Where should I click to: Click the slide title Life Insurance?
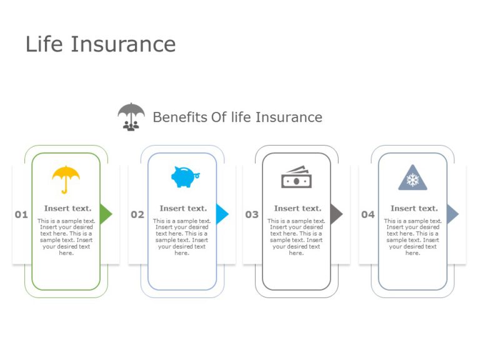pyautogui.click(x=101, y=44)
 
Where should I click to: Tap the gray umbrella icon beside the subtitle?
pyautogui.click(x=131, y=116)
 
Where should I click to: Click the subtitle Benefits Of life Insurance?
pyautogui.click(x=237, y=117)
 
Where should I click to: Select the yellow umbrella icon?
pyautogui.click(x=66, y=179)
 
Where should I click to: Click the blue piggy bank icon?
pyautogui.click(x=184, y=177)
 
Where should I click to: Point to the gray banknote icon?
pyautogui.click(x=296, y=177)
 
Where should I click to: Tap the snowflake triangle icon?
pyautogui.click(x=412, y=178)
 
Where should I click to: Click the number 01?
pyautogui.click(x=21, y=214)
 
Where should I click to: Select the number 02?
pyautogui.click(x=137, y=214)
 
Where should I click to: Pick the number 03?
pyautogui.click(x=252, y=214)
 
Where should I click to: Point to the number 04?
pyautogui.click(x=368, y=214)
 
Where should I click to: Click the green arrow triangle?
pyautogui.click(x=106, y=214)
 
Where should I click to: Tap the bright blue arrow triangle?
pyautogui.click(x=222, y=214)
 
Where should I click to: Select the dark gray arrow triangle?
pyautogui.click(x=336, y=214)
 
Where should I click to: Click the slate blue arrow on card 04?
pyautogui.click(x=452, y=214)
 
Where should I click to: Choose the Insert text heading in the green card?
pyautogui.click(x=67, y=208)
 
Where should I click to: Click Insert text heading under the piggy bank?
pyautogui.click(x=183, y=208)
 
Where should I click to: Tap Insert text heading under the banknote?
pyautogui.click(x=297, y=208)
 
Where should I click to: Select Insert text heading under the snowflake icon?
pyautogui.click(x=414, y=208)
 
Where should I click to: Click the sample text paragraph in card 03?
pyautogui.click(x=296, y=237)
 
